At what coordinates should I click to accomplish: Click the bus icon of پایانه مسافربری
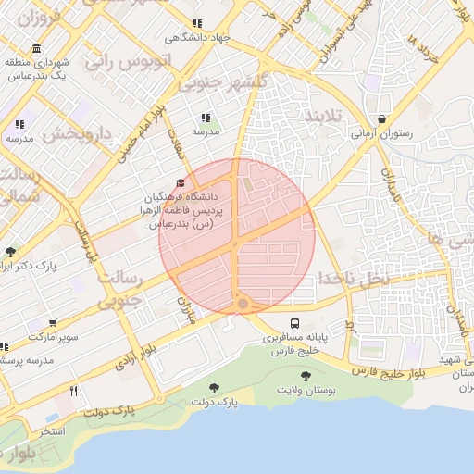[294, 324]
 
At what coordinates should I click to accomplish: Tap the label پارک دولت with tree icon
[215, 400]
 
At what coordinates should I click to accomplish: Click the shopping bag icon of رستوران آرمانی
[382, 119]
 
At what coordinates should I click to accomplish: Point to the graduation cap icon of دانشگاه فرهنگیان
[180, 183]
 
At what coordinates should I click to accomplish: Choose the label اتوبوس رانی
[131, 62]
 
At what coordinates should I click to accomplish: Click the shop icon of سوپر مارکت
[53, 324]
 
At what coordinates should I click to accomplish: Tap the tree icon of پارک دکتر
[10, 251]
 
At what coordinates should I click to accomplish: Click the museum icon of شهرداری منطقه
[36, 48]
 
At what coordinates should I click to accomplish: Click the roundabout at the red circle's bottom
[243, 303]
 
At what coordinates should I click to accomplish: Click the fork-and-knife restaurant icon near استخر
[73, 391]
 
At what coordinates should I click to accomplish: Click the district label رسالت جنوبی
[121, 288]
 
